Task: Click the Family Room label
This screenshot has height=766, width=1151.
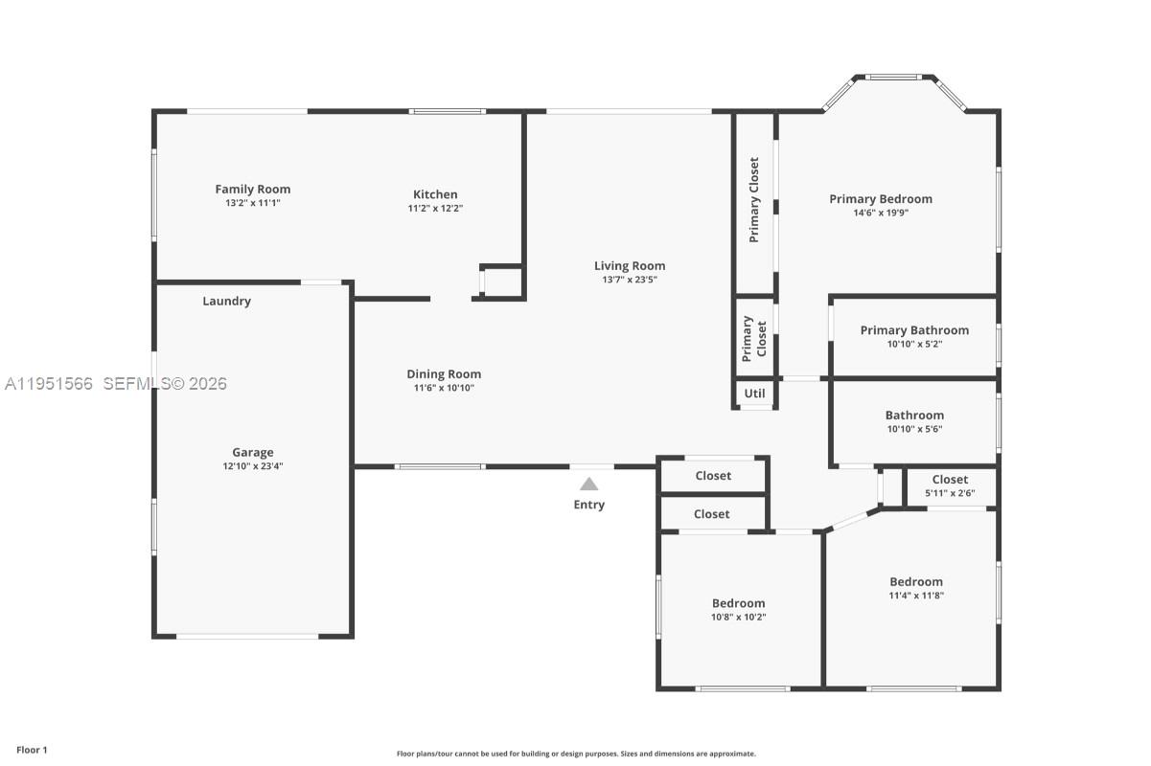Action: tap(252, 190)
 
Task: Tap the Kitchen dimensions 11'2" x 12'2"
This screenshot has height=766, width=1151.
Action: tap(435, 208)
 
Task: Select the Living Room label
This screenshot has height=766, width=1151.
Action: tap(629, 266)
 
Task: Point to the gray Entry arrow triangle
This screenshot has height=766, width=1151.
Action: tap(588, 484)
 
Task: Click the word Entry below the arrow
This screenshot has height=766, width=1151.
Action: tap(588, 505)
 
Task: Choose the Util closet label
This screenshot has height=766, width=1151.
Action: tap(754, 394)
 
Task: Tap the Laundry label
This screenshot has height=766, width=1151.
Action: tap(226, 301)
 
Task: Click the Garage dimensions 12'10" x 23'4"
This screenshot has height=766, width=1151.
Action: tap(252, 466)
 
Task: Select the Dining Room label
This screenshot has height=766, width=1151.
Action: tap(444, 374)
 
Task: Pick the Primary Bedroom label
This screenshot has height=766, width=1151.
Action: tap(880, 199)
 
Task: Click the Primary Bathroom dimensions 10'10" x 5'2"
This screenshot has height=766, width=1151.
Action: tap(914, 344)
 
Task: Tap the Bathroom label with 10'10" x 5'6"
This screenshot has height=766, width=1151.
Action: tap(914, 416)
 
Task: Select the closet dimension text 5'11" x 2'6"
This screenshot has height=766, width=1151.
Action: tap(950, 493)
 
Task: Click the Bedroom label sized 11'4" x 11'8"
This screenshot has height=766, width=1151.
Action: tap(915, 581)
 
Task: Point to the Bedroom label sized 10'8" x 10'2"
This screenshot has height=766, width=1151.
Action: tap(738, 603)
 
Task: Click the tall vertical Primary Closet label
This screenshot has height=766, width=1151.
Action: tap(754, 199)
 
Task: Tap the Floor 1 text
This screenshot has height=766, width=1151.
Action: tap(32, 750)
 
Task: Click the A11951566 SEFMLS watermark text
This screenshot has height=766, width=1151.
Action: tap(115, 384)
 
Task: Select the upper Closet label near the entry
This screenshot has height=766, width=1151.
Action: tap(713, 476)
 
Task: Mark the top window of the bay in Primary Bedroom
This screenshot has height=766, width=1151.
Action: tap(894, 78)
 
